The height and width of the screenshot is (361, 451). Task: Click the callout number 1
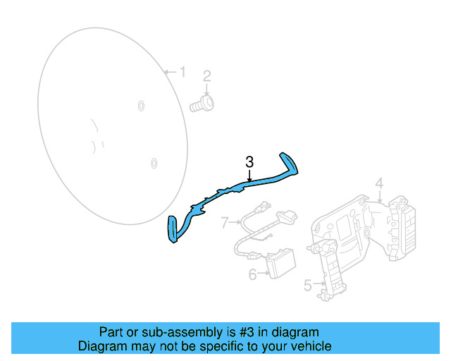coord(183,72)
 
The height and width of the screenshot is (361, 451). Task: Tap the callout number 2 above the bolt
coord(207,76)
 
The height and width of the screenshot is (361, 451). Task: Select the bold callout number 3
coord(249,162)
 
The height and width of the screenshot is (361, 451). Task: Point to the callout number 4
coord(380,183)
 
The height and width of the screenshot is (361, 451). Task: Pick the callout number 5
coord(308,286)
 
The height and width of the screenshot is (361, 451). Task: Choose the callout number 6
coord(252,274)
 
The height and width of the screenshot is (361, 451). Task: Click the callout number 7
coord(225,223)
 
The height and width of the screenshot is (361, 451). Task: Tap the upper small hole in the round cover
coord(141,106)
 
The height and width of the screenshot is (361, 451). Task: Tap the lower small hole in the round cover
coord(154,164)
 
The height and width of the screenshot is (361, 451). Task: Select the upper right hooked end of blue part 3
coord(289,164)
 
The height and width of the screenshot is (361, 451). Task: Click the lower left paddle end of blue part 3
coord(172,229)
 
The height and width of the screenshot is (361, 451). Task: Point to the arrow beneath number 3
coord(249,176)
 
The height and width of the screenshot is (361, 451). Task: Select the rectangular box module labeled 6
coord(281,264)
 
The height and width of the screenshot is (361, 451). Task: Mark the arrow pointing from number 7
coord(235,222)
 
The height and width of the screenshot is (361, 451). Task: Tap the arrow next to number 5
coord(319,283)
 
